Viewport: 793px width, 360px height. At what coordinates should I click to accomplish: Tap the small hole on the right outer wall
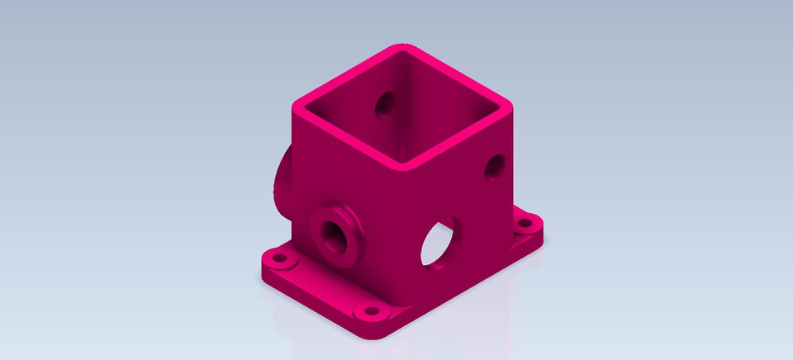click(495, 167)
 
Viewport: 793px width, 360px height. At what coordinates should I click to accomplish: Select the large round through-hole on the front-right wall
click(439, 241)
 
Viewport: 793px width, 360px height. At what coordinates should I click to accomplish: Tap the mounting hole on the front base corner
click(370, 313)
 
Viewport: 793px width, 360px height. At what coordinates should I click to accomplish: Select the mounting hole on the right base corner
click(524, 223)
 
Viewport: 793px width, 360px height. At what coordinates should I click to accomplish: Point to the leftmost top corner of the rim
click(299, 106)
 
